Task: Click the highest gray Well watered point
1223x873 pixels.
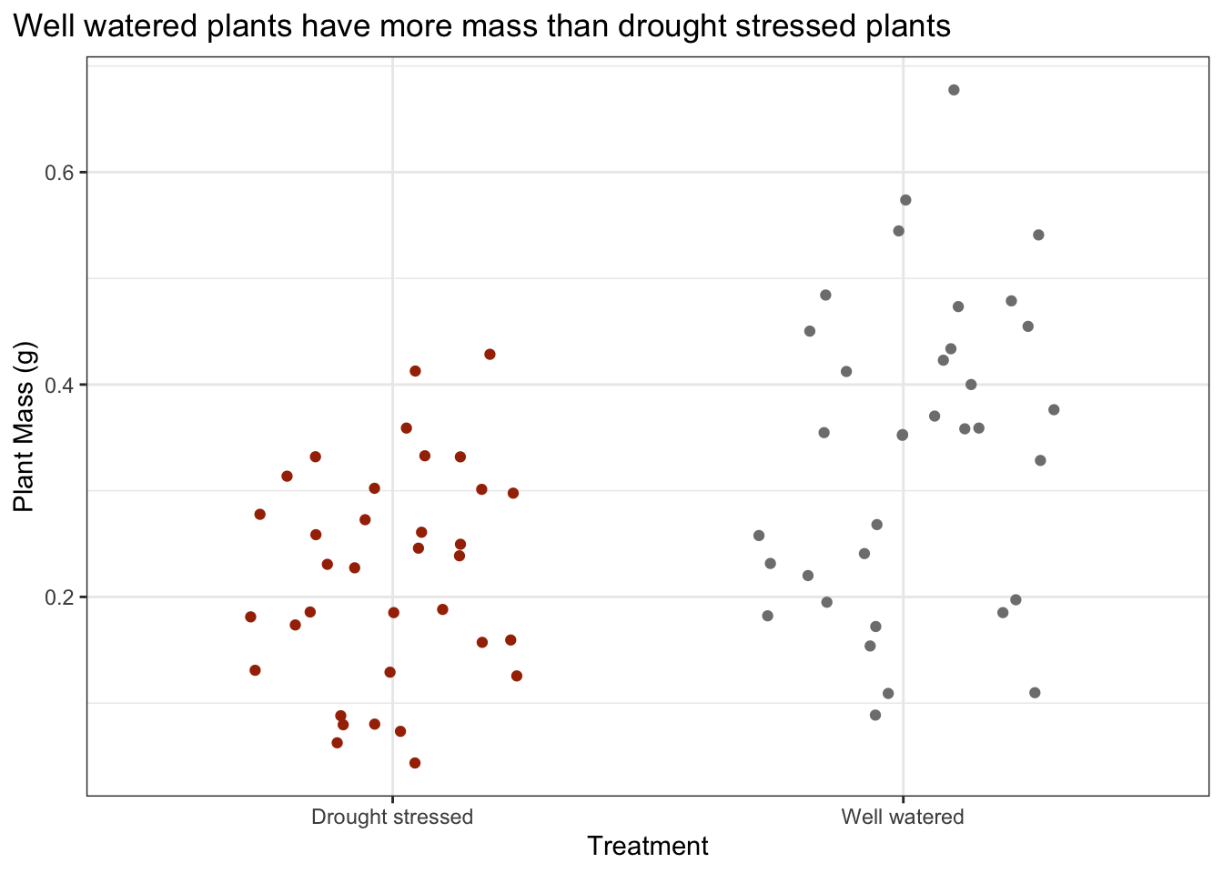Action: click(x=954, y=90)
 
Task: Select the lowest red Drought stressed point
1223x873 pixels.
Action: click(x=415, y=763)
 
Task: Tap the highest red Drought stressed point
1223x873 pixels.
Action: click(x=490, y=354)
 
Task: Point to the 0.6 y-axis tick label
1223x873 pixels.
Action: click(x=60, y=173)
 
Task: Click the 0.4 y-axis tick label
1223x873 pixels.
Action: click(x=60, y=385)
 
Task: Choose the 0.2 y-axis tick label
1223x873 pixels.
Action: click(x=60, y=597)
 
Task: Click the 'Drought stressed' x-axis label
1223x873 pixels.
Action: click(x=392, y=817)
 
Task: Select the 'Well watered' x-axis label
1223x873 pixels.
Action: click(x=903, y=817)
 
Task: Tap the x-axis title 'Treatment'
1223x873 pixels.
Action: click(x=648, y=847)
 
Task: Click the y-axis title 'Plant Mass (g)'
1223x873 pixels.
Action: click(x=25, y=426)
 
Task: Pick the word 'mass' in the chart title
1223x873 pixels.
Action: click(x=504, y=26)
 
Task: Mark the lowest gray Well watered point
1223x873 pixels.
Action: click(x=875, y=715)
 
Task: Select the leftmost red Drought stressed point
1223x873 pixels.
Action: click(x=251, y=617)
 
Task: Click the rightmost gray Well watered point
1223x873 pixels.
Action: click(x=1054, y=409)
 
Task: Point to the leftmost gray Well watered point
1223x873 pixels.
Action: click(x=759, y=536)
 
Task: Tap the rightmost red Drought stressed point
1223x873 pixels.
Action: click(x=517, y=676)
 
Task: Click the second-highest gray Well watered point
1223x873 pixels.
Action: click(x=905, y=200)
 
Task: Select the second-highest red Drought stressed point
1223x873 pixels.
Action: click(x=415, y=371)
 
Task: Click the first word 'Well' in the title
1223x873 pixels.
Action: click(x=39, y=26)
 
